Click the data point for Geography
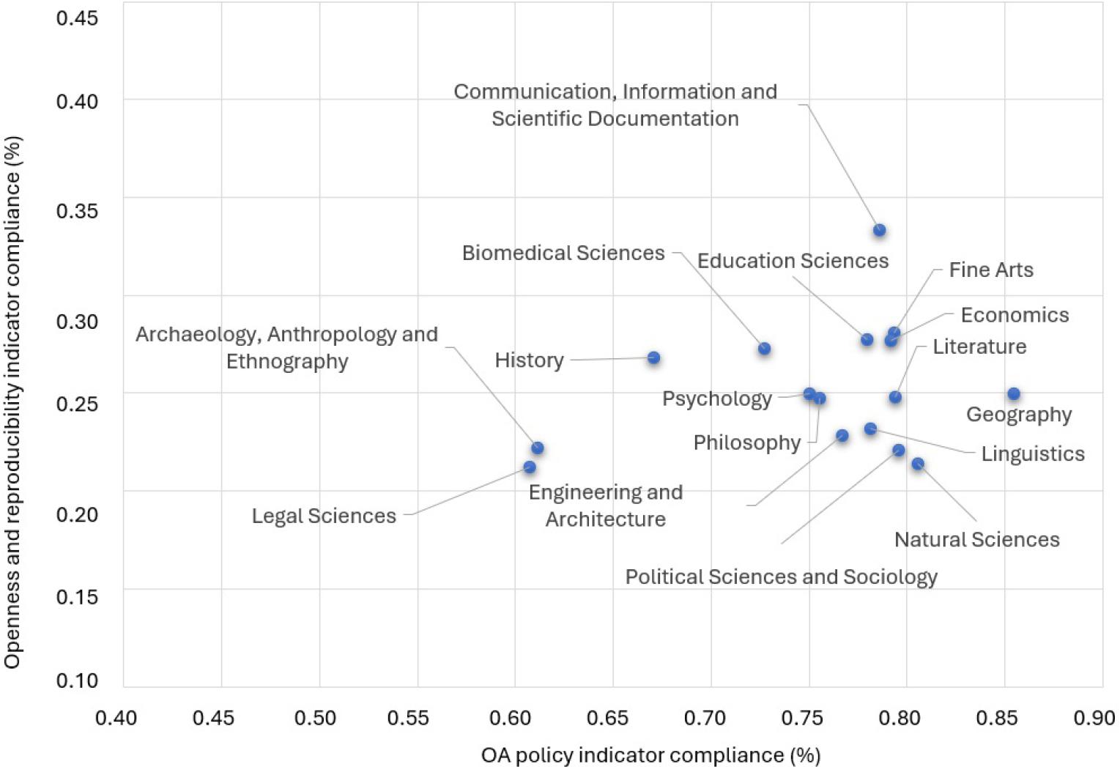[1013, 394]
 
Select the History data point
[653, 357]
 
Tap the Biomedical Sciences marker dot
[764, 349]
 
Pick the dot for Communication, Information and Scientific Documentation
[879, 230]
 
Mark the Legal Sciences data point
[530, 467]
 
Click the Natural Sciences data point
[917, 464]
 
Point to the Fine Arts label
[990, 270]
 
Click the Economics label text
[1015, 315]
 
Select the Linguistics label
[1032, 453]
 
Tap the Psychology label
[716, 399]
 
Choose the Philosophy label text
[746, 442]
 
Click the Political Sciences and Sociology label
[781, 577]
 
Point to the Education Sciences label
[792, 261]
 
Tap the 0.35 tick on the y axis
[77, 211]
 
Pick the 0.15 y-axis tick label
[77, 596]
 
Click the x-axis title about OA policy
[650, 755]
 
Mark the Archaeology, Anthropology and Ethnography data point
[537, 448]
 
